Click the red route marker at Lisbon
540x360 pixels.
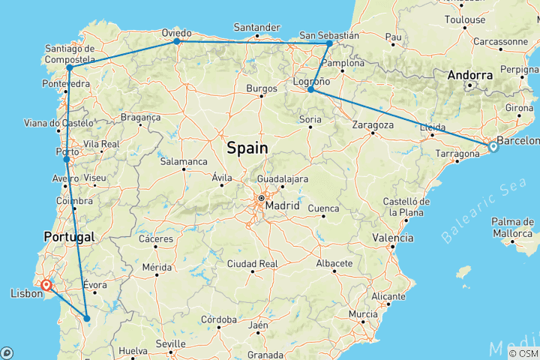click(x=46, y=285)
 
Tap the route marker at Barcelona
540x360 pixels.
click(x=493, y=147)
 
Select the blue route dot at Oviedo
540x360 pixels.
click(x=177, y=41)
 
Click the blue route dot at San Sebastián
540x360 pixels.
click(x=329, y=43)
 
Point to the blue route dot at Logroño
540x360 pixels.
click(x=310, y=90)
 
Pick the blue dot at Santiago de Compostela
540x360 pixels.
click(x=69, y=67)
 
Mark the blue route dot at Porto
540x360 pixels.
click(x=67, y=159)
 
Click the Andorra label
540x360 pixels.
click(x=470, y=75)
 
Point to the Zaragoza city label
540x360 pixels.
click(x=373, y=124)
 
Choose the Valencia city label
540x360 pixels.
click(x=394, y=238)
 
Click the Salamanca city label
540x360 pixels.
click(x=182, y=161)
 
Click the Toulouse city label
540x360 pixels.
click(x=464, y=19)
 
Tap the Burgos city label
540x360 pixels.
click(x=262, y=88)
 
